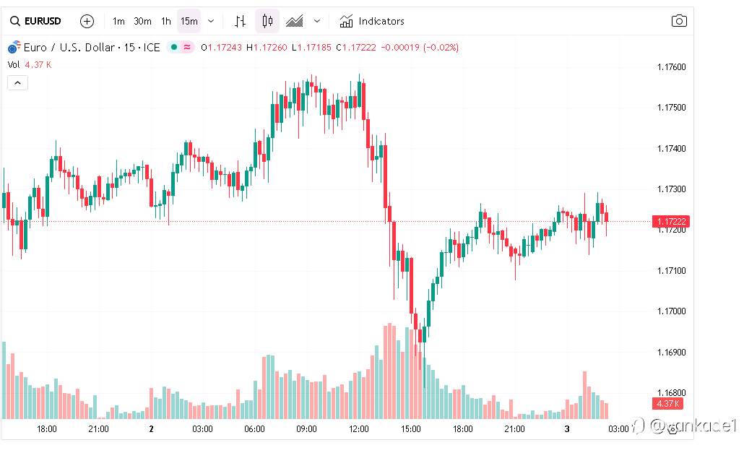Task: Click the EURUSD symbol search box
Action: tap(35, 21)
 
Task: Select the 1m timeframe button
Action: tap(118, 21)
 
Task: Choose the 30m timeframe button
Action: tap(142, 21)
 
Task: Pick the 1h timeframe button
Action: tap(166, 21)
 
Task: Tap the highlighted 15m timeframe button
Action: tap(189, 21)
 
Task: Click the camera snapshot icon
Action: tap(679, 21)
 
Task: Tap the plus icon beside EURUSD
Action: tap(87, 21)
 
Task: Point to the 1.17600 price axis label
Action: tap(671, 67)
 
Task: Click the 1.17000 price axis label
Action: tap(671, 311)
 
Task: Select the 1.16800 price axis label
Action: tap(671, 393)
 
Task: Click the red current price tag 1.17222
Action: tap(670, 221)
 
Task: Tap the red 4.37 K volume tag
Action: tap(668, 403)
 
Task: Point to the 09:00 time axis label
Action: tap(306, 428)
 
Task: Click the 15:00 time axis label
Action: tap(410, 428)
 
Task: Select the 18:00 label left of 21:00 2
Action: tap(47, 428)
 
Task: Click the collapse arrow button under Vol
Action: tap(17, 82)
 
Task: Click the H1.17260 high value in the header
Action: tap(267, 48)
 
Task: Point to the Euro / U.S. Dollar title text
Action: tap(69, 48)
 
